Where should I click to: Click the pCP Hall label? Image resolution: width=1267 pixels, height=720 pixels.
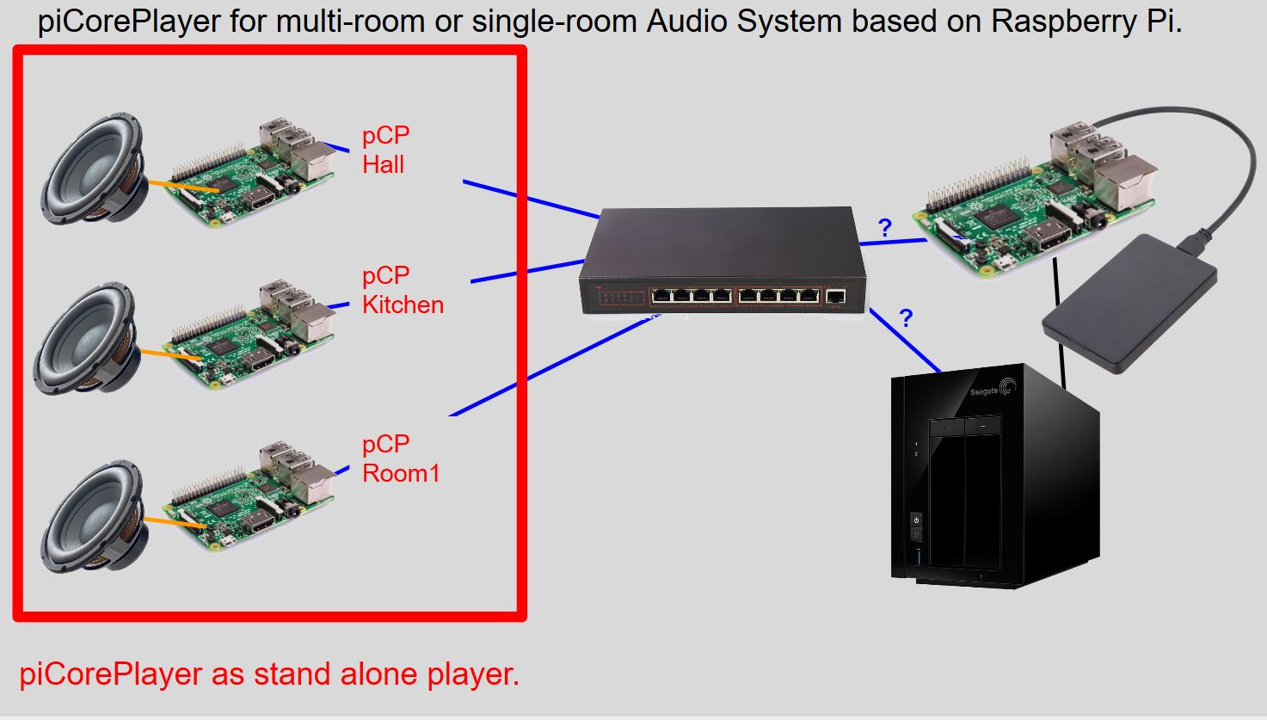tap(385, 150)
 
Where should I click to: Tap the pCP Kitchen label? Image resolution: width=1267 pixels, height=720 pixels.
tap(403, 290)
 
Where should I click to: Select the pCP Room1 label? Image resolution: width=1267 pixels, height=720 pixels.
tap(401, 458)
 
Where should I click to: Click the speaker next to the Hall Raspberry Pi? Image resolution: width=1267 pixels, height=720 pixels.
tap(95, 168)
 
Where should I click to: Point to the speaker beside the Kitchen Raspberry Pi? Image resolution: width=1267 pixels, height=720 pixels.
tap(87, 338)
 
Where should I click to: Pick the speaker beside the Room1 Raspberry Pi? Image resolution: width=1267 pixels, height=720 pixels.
tap(95, 516)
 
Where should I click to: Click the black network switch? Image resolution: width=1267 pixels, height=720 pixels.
tap(723, 260)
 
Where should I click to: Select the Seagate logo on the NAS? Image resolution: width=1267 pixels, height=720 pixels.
tap(993, 390)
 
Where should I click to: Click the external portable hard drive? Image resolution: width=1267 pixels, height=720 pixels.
tap(1129, 304)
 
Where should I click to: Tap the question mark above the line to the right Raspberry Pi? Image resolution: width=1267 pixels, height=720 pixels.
tap(885, 228)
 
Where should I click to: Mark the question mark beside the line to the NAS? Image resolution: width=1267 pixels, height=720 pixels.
tap(906, 318)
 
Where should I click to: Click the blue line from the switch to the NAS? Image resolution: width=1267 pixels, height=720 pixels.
tap(905, 340)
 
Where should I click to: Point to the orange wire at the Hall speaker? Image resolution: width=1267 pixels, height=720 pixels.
tap(183, 187)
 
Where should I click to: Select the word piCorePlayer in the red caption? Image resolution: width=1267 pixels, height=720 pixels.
tap(111, 674)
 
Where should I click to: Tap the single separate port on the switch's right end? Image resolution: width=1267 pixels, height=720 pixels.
tap(835, 296)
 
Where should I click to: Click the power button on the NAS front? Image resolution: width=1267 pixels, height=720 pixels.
tap(916, 520)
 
